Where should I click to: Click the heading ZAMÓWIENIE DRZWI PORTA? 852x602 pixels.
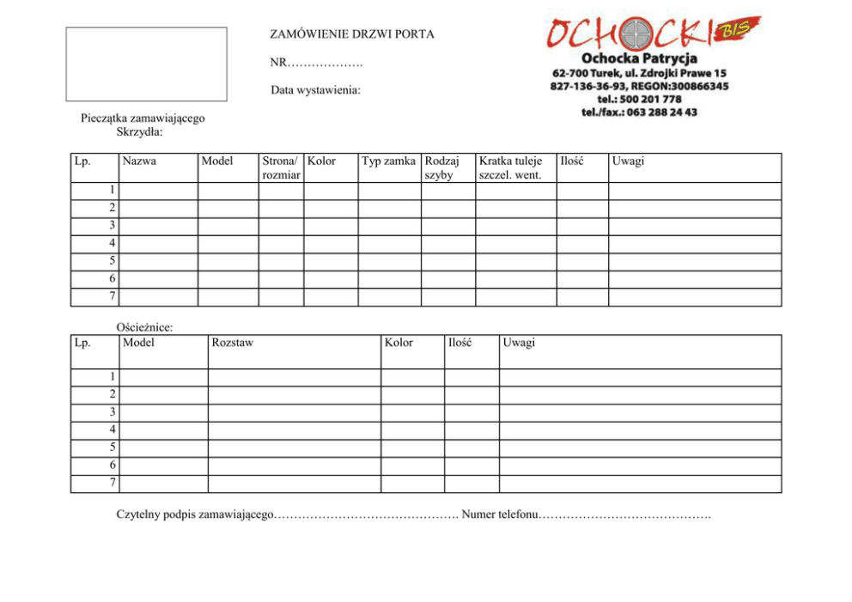click(x=352, y=35)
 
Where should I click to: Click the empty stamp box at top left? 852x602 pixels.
click(x=147, y=64)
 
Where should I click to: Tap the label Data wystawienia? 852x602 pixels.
click(x=315, y=90)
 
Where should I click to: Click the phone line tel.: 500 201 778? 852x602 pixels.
click(x=639, y=99)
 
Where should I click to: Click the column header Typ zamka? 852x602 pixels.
click(x=389, y=161)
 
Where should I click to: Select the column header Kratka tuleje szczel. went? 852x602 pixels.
click(x=511, y=168)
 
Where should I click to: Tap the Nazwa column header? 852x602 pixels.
click(x=139, y=161)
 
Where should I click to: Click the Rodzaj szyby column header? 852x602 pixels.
click(x=443, y=168)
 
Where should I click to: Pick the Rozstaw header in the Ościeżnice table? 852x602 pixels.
click(x=232, y=343)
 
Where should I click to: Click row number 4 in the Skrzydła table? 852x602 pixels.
click(x=112, y=243)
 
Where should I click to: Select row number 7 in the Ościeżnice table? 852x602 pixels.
click(x=113, y=483)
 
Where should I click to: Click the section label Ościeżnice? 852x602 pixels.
click(x=144, y=327)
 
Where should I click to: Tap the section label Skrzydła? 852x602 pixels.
click(x=139, y=132)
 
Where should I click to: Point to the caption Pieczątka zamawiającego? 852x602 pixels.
click(x=143, y=119)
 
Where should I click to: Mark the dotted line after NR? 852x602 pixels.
click(x=326, y=64)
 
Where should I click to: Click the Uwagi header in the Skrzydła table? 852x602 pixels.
click(x=628, y=161)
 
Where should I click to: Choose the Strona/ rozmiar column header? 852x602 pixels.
click(x=281, y=168)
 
